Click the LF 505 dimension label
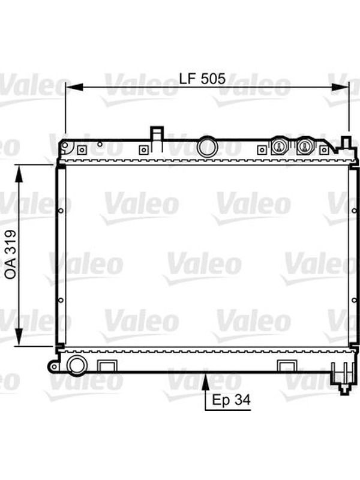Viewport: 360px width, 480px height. click(202, 79)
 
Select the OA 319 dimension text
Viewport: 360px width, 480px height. click(11, 254)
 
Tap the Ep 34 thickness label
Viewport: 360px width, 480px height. click(231, 400)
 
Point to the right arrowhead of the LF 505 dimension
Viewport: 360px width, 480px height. click(340, 87)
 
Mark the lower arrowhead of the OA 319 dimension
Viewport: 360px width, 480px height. click(19, 337)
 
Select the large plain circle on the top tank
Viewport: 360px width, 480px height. click(207, 148)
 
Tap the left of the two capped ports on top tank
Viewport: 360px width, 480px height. click(279, 146)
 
